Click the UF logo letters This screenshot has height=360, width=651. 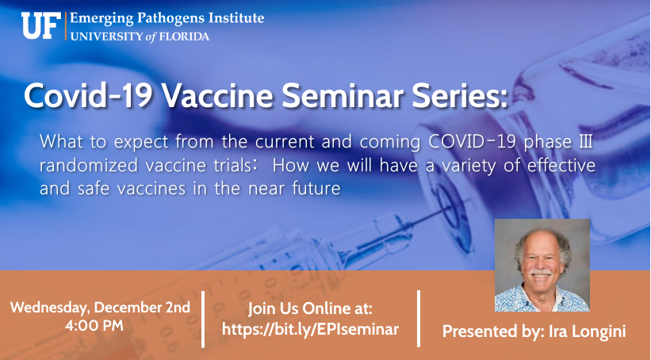click(x=41, y=25)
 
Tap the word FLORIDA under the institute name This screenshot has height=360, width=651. click(x=184, y=36)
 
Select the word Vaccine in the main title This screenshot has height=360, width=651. click(x=216, y=95)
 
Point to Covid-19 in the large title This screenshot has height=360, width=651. click(x=89, y=95)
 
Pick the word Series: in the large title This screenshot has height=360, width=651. click(x=460, y=95)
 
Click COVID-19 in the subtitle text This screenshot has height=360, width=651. click(x=473, y=142)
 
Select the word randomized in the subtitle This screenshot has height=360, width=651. click(x=89, y=166)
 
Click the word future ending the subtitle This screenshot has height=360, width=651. click(x=316, y=189)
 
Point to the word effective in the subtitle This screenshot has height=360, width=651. click(x=561, y=165)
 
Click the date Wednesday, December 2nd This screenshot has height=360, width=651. click(x=100, y=307)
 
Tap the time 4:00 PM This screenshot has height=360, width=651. click(x=94, y=325)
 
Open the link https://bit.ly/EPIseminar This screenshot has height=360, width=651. click(x=310, y=329)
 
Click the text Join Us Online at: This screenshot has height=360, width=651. click(x=310, y=308)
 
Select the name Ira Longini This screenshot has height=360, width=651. click(x=587, y=331)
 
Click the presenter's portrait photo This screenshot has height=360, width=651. click(x=542, y=266)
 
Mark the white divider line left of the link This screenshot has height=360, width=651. click(x=203, y=319)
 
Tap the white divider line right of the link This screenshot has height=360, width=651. click(x=419, y=319)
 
